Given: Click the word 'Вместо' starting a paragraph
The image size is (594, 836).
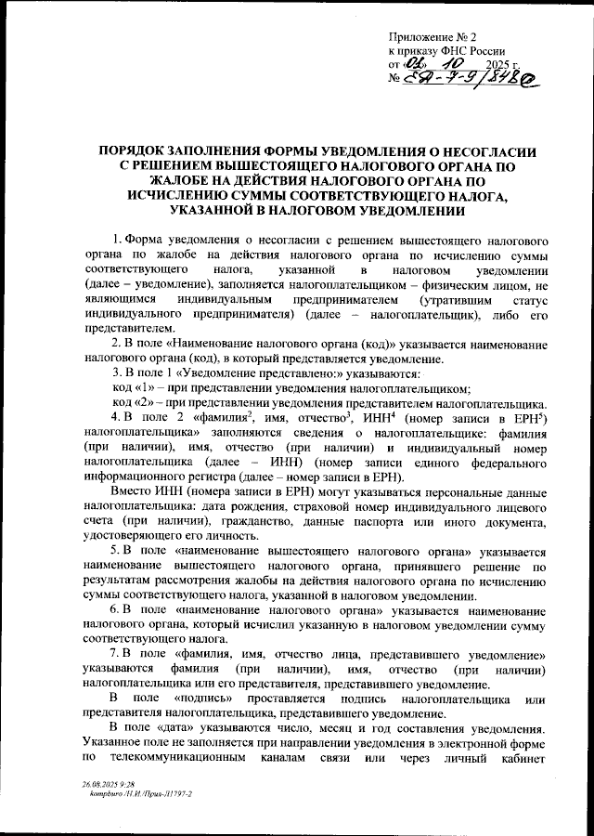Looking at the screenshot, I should tap(132, 490).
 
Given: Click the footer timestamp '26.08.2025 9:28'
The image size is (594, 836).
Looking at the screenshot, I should tap(109, 784).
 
